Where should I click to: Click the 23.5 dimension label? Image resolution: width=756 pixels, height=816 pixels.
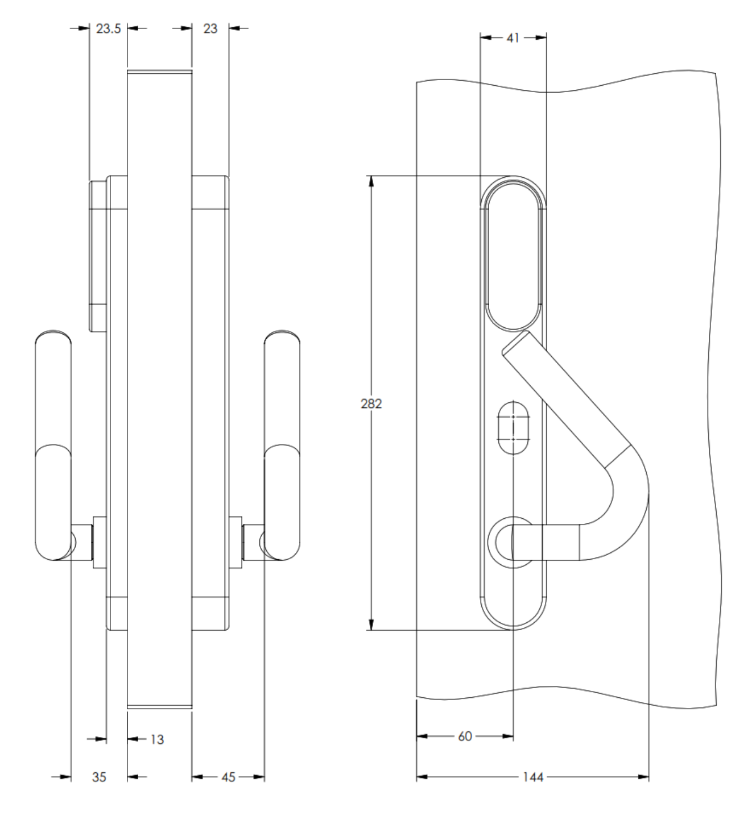[108, 28]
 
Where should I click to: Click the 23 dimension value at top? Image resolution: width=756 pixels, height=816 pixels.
[210, 28]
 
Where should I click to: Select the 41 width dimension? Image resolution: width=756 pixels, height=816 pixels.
[513, 38]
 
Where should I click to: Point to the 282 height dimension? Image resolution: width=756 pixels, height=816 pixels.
[371, 403]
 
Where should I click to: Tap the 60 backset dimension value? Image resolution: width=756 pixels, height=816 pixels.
[465, 736]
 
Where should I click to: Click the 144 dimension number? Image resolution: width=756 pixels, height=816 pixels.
[532, 777]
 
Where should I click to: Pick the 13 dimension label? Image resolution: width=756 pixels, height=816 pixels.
[157, 739]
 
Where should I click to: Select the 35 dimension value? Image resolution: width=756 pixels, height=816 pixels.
[99, 777]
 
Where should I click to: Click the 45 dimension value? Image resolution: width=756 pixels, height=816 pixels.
[228, 777]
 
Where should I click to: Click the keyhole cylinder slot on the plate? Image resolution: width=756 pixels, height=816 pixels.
[514, 427]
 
